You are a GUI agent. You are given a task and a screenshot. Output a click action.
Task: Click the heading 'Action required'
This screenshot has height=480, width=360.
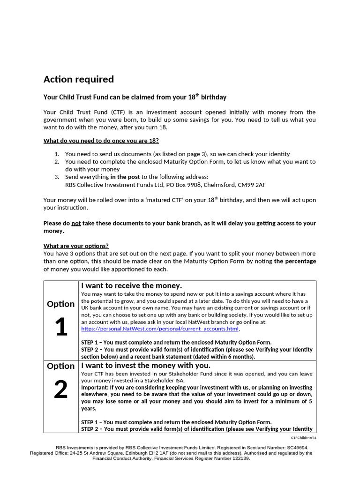[x=79, y=79]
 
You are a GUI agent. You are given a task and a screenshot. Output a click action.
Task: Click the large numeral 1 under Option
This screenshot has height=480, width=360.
[x=60, y=328]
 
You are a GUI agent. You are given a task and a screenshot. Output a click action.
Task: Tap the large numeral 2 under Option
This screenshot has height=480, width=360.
[x=60, y=390]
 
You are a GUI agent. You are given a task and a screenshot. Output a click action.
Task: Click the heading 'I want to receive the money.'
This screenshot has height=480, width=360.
[x=132, y=285]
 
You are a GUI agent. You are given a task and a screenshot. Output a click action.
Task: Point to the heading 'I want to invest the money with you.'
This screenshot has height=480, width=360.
[x=146, y=365]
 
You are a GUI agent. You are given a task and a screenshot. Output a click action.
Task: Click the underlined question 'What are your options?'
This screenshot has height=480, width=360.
[x=76, y=246]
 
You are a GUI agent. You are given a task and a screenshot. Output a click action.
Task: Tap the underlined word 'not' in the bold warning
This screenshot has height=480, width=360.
[x=76, y=224]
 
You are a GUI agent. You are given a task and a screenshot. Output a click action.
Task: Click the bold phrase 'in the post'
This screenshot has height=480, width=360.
[x=125, y=177]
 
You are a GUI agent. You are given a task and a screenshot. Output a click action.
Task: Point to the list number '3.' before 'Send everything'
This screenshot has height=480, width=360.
[x=57, y=177]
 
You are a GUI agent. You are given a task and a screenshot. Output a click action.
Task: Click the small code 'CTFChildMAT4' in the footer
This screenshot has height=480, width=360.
[x=304, y=437]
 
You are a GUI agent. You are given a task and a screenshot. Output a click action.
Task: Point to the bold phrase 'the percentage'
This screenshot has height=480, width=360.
[x=295, y=261]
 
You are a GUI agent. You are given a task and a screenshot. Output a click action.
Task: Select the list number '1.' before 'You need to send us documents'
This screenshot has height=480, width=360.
[x=57, y=154]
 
